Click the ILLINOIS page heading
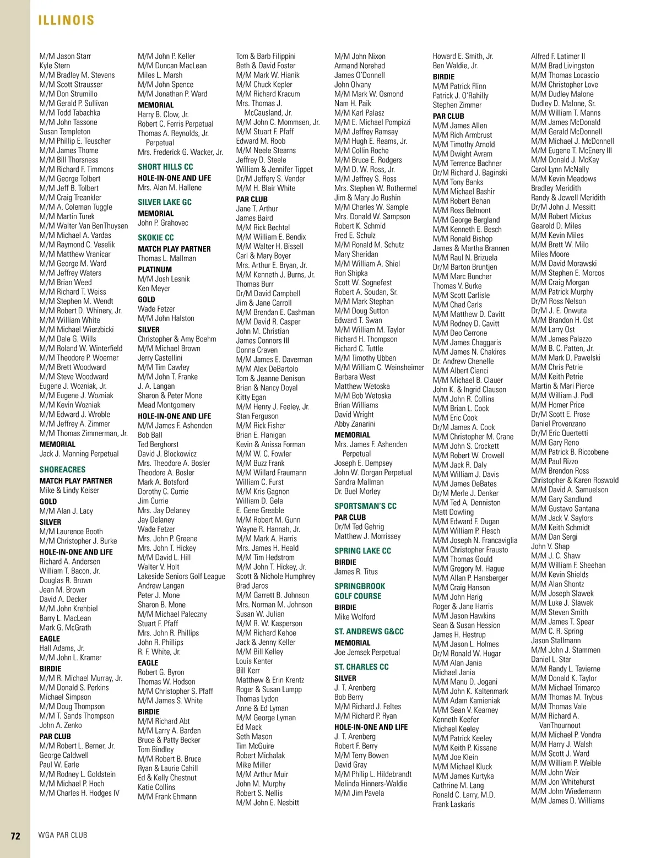66,20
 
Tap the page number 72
15,835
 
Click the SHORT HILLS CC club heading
165,166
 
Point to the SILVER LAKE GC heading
165,202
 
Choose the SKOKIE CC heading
156,237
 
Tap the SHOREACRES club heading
62,470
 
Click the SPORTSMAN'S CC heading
365,506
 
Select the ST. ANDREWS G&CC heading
369,632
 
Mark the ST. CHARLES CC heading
361,667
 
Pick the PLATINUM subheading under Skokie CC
155,269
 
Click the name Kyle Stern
55,66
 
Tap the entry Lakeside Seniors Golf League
181,576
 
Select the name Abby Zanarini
355,424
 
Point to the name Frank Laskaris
453,804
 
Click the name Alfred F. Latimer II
558,56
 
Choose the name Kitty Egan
251,397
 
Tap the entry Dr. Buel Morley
357,491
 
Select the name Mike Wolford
355,617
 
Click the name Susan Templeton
64,132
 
